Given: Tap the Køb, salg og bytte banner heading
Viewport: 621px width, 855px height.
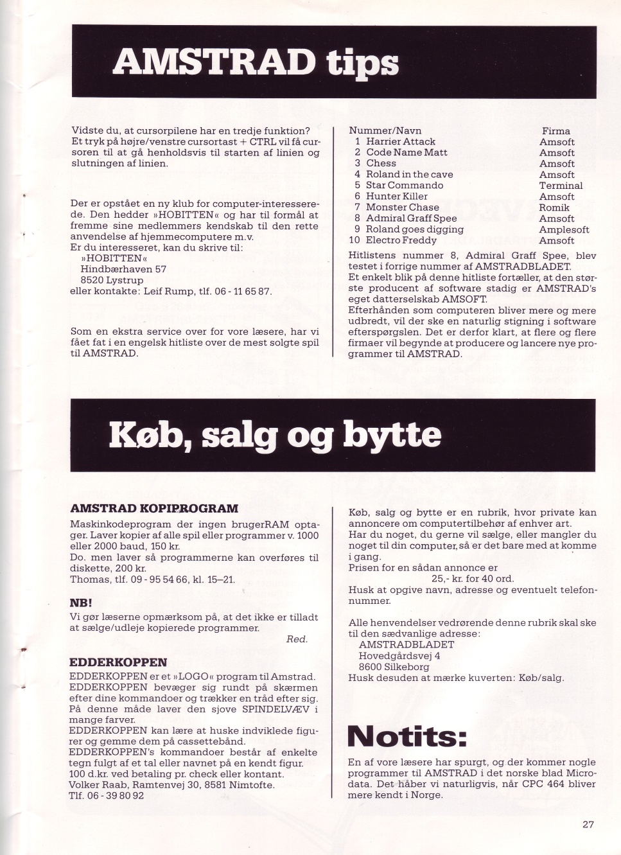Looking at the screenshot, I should pos(276,436).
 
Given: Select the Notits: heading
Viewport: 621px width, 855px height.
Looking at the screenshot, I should pos(407,736).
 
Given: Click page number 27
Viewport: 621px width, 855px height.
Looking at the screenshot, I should pos(588,825).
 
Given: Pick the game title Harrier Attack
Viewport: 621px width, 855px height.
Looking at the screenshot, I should pos(400,141).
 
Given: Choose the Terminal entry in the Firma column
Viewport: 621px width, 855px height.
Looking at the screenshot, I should pos(561,186).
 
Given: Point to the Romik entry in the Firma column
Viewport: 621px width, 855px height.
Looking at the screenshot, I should pos(554,207).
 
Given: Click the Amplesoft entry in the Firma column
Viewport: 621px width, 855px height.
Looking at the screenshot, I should pos(564,229).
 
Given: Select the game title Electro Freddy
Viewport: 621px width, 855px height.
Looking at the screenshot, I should pos(401,240).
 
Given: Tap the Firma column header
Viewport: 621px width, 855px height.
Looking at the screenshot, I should pos(555,131).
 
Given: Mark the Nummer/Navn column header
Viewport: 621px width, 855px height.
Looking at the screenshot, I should pos(385,130).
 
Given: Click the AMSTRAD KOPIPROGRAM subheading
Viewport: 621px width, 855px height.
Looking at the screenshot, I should pos(153,509).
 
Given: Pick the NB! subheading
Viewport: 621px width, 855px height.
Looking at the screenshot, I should pos(81,603).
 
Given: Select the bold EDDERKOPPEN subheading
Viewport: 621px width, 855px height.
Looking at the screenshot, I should pos(118,662).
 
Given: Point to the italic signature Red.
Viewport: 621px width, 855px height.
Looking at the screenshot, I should pos(297,639).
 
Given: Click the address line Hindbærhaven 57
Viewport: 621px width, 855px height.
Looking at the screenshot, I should pos(123,269).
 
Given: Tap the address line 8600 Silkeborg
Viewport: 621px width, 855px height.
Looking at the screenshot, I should pos(394,667).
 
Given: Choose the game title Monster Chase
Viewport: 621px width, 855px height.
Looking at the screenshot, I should pos(402,207).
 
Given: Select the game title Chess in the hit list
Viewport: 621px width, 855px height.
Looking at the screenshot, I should pos(381,163).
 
